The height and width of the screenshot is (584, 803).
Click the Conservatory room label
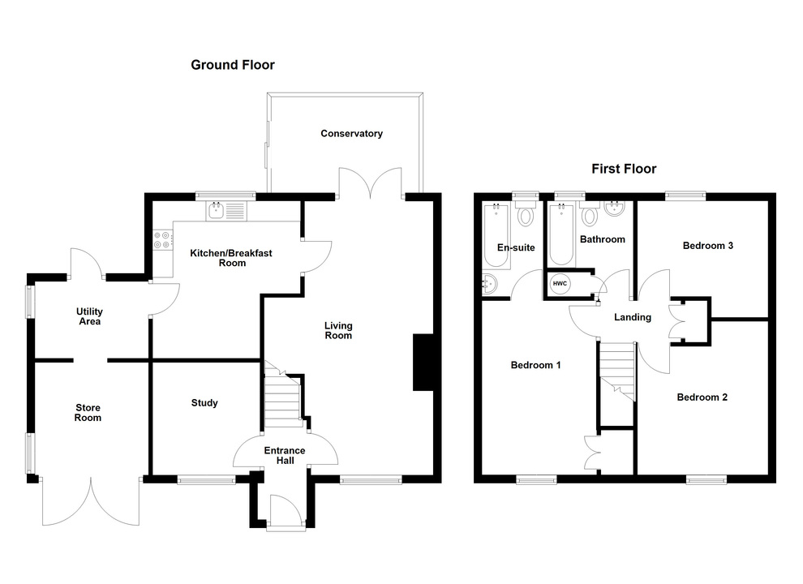tap(351, 134)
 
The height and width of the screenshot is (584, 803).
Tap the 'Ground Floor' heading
tap(233, 65)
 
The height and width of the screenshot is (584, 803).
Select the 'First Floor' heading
tap(623, 169)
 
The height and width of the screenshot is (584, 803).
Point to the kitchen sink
tap(217, 212)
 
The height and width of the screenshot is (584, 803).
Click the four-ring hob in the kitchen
tap(162, 239)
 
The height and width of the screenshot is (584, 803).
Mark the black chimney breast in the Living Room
tap(423, 363)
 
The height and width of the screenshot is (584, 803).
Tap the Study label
tap(204, 403)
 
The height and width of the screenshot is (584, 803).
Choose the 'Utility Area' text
tap(89, 316)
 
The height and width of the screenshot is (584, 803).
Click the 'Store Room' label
tap(88, 412)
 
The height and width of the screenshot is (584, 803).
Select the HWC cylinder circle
tap(560, 283)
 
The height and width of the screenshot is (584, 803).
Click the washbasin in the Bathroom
tap(613, 213)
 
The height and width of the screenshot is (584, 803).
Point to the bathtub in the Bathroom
tap(561, 235)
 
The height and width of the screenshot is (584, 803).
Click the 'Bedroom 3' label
tap(708, 245)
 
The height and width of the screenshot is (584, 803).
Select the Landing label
tap(632, 317)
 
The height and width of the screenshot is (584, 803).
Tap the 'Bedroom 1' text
tap(535, 365)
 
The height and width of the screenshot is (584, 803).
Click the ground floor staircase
tap(283, 403)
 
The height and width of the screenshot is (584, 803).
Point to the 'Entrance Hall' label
tap(284, 456)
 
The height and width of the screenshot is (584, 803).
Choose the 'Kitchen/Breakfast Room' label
tap(231, 258)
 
